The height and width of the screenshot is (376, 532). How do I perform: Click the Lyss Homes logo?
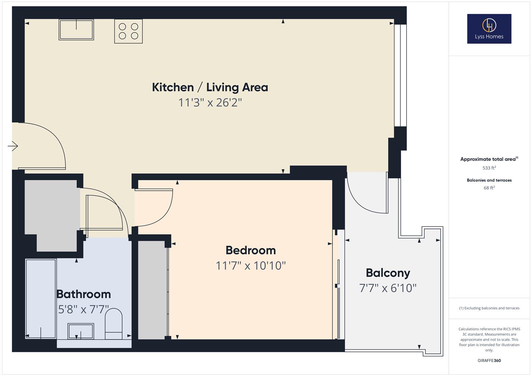pyautogui.click(x=489, y=29)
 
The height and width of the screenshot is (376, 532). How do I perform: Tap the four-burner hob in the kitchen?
pyautogui.click(x=128, y=31)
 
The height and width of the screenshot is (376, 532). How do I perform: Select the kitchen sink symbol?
pyautogui.click(x=76, y=30)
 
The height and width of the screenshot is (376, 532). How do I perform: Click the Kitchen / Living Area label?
pyautogui.click(x=210, y=87)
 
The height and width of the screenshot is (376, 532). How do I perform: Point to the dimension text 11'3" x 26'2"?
pyautogui.click(x=210, y=103)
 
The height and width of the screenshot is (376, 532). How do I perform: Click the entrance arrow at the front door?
pyautogui.click(x=13, y=146)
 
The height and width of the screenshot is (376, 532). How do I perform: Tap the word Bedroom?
pyautogui.click(x=250, y=250)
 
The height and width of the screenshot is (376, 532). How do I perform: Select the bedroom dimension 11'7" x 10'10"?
pyautogui.click(x=250, y=266)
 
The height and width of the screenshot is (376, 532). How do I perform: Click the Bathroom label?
pyautogui.click(x=84, y=294)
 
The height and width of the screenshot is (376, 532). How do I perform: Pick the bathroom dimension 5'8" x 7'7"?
pyautogui.click(x=84, y=310)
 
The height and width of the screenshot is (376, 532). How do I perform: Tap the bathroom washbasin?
pyautogui.click(x=81, y=331)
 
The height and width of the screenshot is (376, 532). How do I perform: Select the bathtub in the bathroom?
pyautogui.click(x=41, y=298)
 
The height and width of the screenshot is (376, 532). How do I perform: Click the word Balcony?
pyautogui.click(x=388, y=273)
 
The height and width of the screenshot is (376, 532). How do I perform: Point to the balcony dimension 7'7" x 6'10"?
pyautogui.click(x=388, y=288)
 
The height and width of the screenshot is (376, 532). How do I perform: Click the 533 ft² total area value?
pyautogui.click(x=489, y=168)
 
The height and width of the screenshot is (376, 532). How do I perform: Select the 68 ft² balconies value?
pyautogui.click(x=489, y=188)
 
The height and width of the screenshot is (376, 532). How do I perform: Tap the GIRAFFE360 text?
pyautogui.click(x=489, y=361)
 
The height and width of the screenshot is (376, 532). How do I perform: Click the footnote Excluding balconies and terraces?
pyautogui.click(x=489, y=308)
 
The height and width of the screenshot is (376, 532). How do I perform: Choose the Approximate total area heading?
pyautogui.click(x=488, y=159)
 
